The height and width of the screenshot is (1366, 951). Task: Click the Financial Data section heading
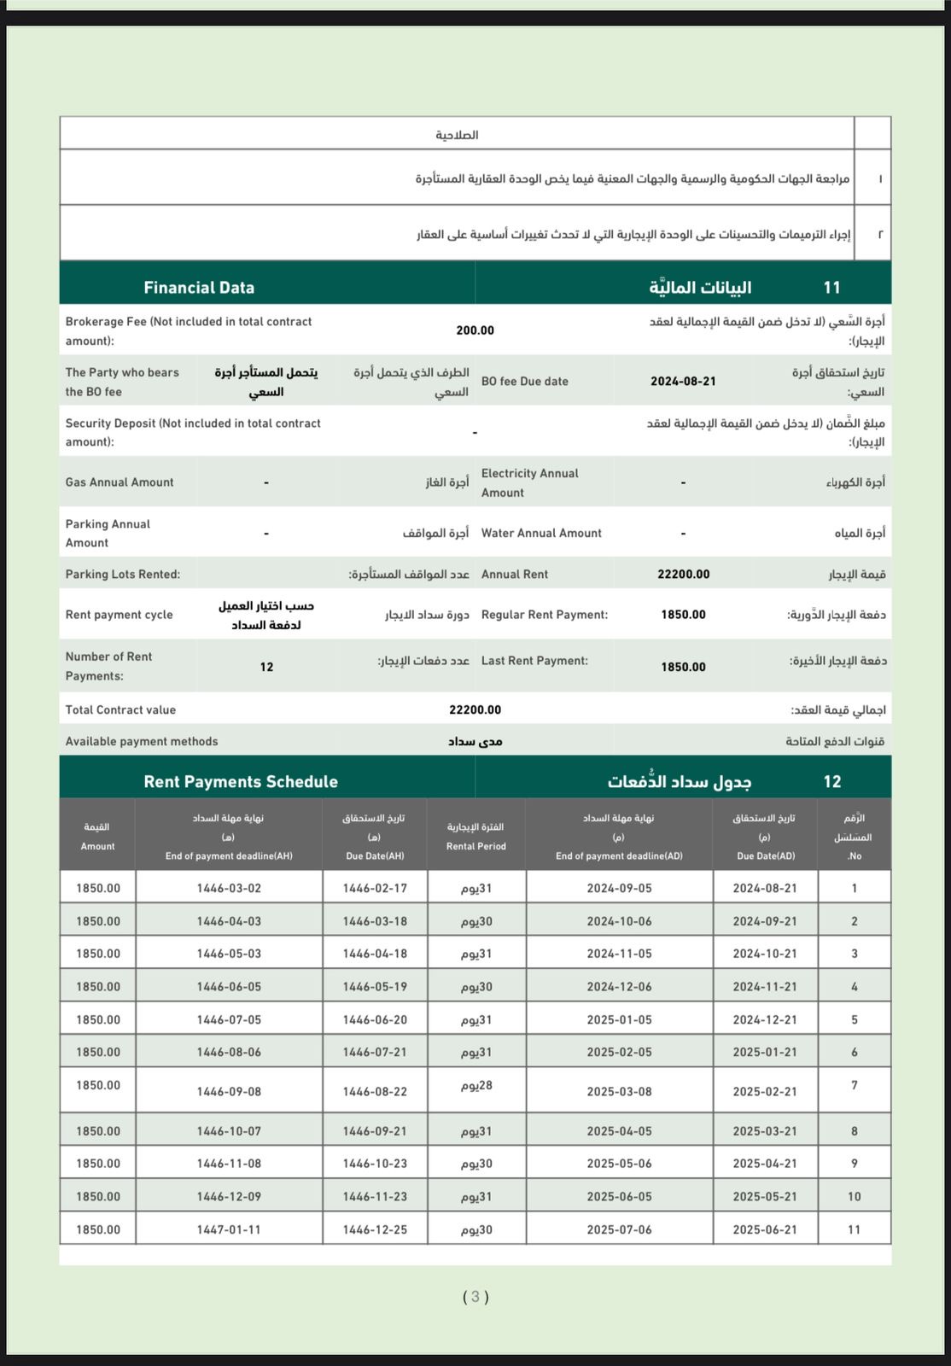[x=199, y=288]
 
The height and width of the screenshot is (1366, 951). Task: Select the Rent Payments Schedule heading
[x=241, y=781]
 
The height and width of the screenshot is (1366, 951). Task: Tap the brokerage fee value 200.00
[x=475, y=330]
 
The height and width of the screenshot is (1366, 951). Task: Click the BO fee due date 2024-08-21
[x=683, y=382]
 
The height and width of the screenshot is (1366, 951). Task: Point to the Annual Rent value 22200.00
[x=683, y=575]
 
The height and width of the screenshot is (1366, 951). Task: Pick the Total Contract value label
[x=120, y=709]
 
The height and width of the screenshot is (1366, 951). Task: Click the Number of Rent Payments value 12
[x=266, y=667]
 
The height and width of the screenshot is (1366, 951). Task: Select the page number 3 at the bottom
[x=475, y=1297]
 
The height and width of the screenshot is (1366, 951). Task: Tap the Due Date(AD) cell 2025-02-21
[x=764, y=1091]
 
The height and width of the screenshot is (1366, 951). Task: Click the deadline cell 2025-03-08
[x=619, y=1091]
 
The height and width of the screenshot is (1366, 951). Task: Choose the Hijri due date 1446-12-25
[x=375, y=1229]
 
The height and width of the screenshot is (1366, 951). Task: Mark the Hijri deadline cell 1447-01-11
[x=229, y=1229]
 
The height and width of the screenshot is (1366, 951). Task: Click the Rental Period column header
[x=475, y=837]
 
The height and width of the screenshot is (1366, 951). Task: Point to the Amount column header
[x=97, y=837]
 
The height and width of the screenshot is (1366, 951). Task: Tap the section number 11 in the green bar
[x=831, y=288]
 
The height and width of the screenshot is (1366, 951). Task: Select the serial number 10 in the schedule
[x=854, y=1197]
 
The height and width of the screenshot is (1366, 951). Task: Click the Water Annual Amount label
[x=541, y=533]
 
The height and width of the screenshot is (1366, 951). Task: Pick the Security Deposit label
[x=193, y=432]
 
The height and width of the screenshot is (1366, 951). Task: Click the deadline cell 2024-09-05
[x=619, y=888]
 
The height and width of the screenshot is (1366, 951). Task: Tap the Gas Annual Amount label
[x=120, y=482]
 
